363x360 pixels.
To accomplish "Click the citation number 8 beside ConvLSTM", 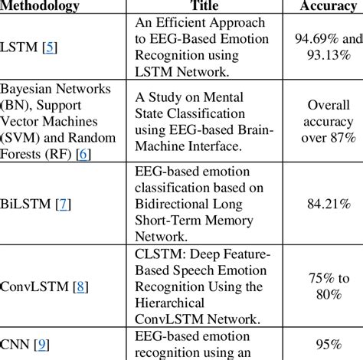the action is coord(79,288).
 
